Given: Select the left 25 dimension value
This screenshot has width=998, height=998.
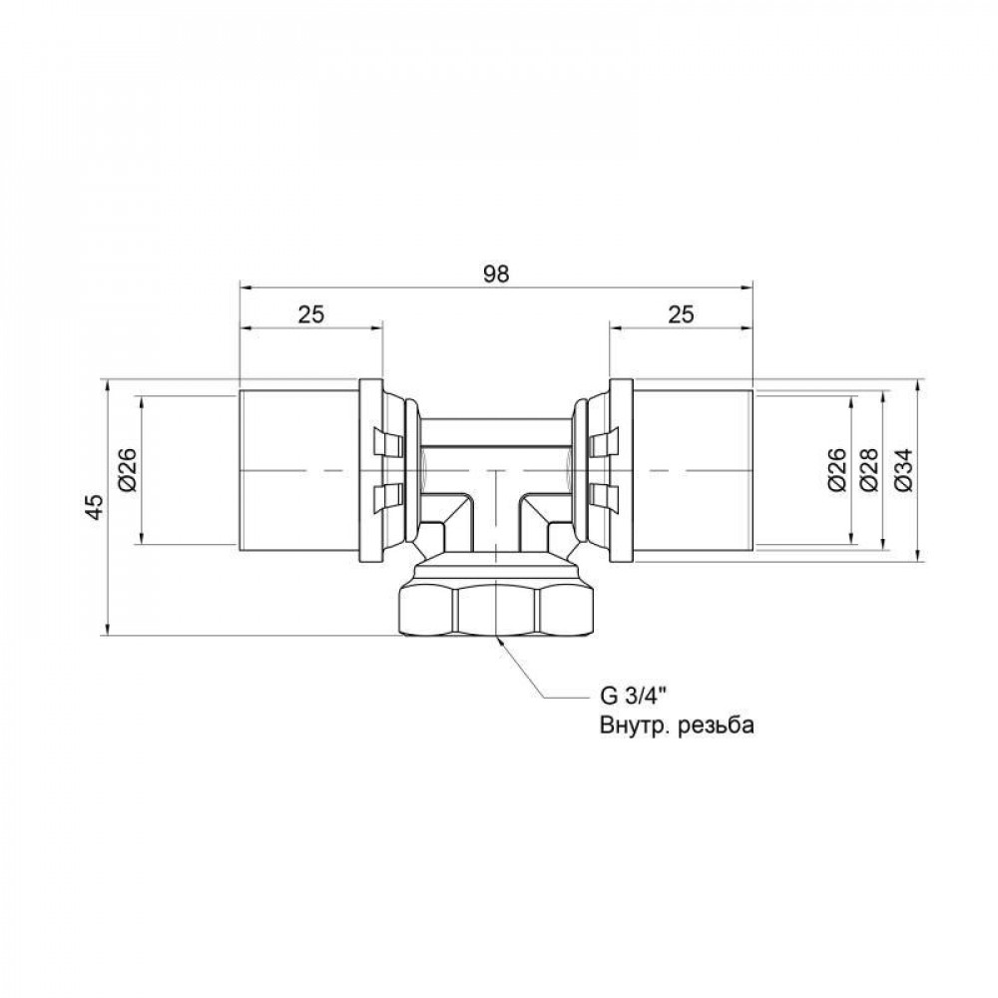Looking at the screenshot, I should coord(311,314).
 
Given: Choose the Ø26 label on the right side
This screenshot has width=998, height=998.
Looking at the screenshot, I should coord(838,470).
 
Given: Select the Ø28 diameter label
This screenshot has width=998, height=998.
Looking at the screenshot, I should coord(869,470).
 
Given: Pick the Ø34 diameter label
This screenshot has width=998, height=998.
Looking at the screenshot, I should coord(903,470).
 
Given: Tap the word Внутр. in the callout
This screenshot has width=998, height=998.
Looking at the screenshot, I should coord(626,726).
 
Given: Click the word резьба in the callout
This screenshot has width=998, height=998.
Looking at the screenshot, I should coord(712,726).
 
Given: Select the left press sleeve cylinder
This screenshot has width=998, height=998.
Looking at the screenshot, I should coord(298,469).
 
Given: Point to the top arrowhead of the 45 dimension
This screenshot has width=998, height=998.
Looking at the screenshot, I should coord(105,385).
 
